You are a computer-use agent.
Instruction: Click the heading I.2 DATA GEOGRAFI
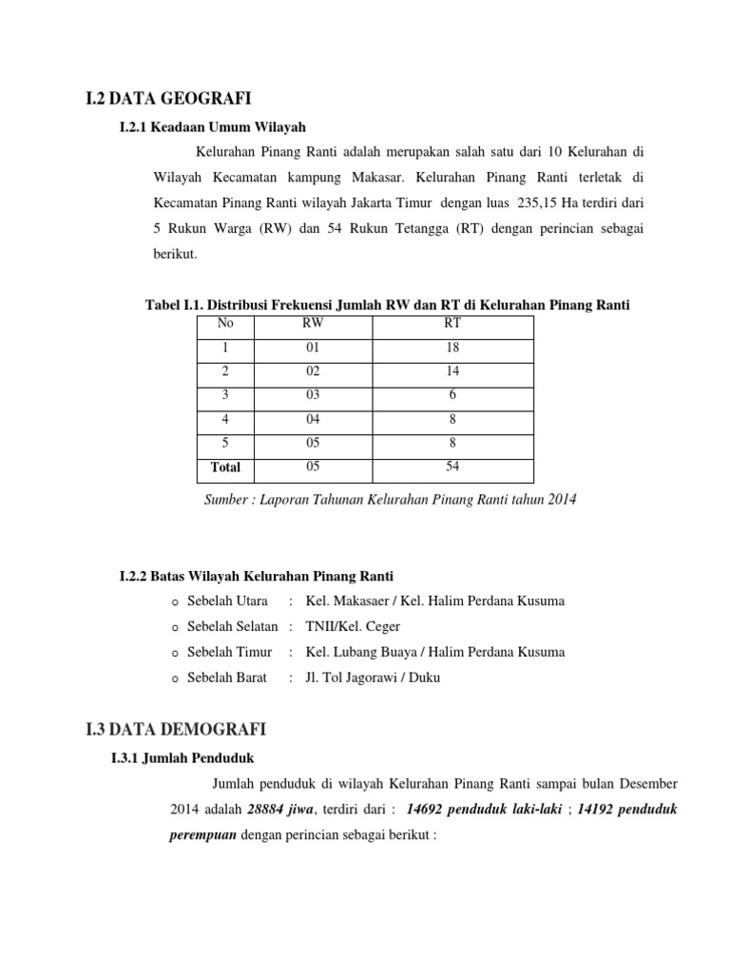[171, 96]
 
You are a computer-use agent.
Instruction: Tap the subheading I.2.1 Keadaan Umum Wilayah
[212, 126]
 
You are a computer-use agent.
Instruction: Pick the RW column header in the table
[312, 323]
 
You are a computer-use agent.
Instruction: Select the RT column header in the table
[451, 323]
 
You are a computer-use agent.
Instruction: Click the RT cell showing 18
[451, 348]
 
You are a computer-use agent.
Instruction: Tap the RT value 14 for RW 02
[451, 372]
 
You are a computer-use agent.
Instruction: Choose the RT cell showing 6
[451, 395]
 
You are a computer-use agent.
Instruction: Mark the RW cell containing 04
[312, 419]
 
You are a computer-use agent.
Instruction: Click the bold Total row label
[225, 467]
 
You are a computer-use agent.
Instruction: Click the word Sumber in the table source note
[226, 499]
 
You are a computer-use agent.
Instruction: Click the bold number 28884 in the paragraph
[269, 811]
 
